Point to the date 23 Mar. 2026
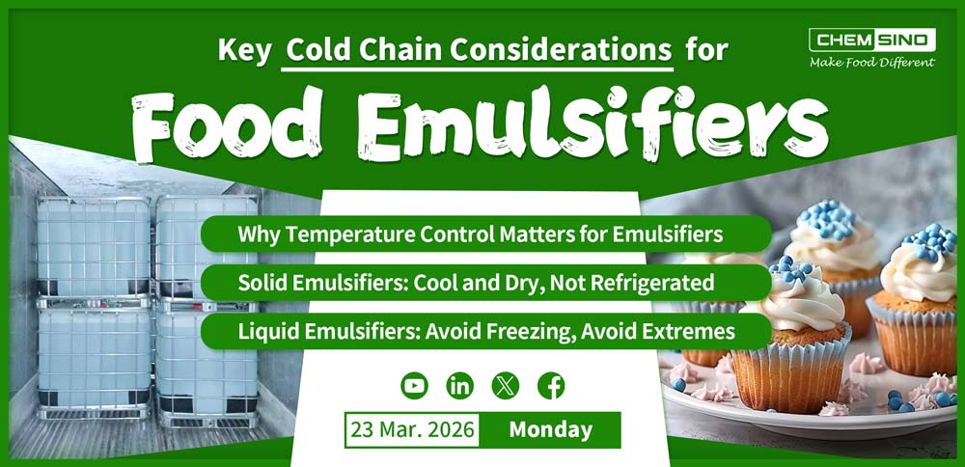pyautogui.click(x=412, y=429)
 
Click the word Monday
pyautogui.click(x=550, y=429)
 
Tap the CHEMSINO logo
pyautogui.click(x=871, y=40)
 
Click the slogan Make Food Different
pyautogui.click(x=871, y=63)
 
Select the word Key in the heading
pyautogui.click(x=244, y=49)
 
